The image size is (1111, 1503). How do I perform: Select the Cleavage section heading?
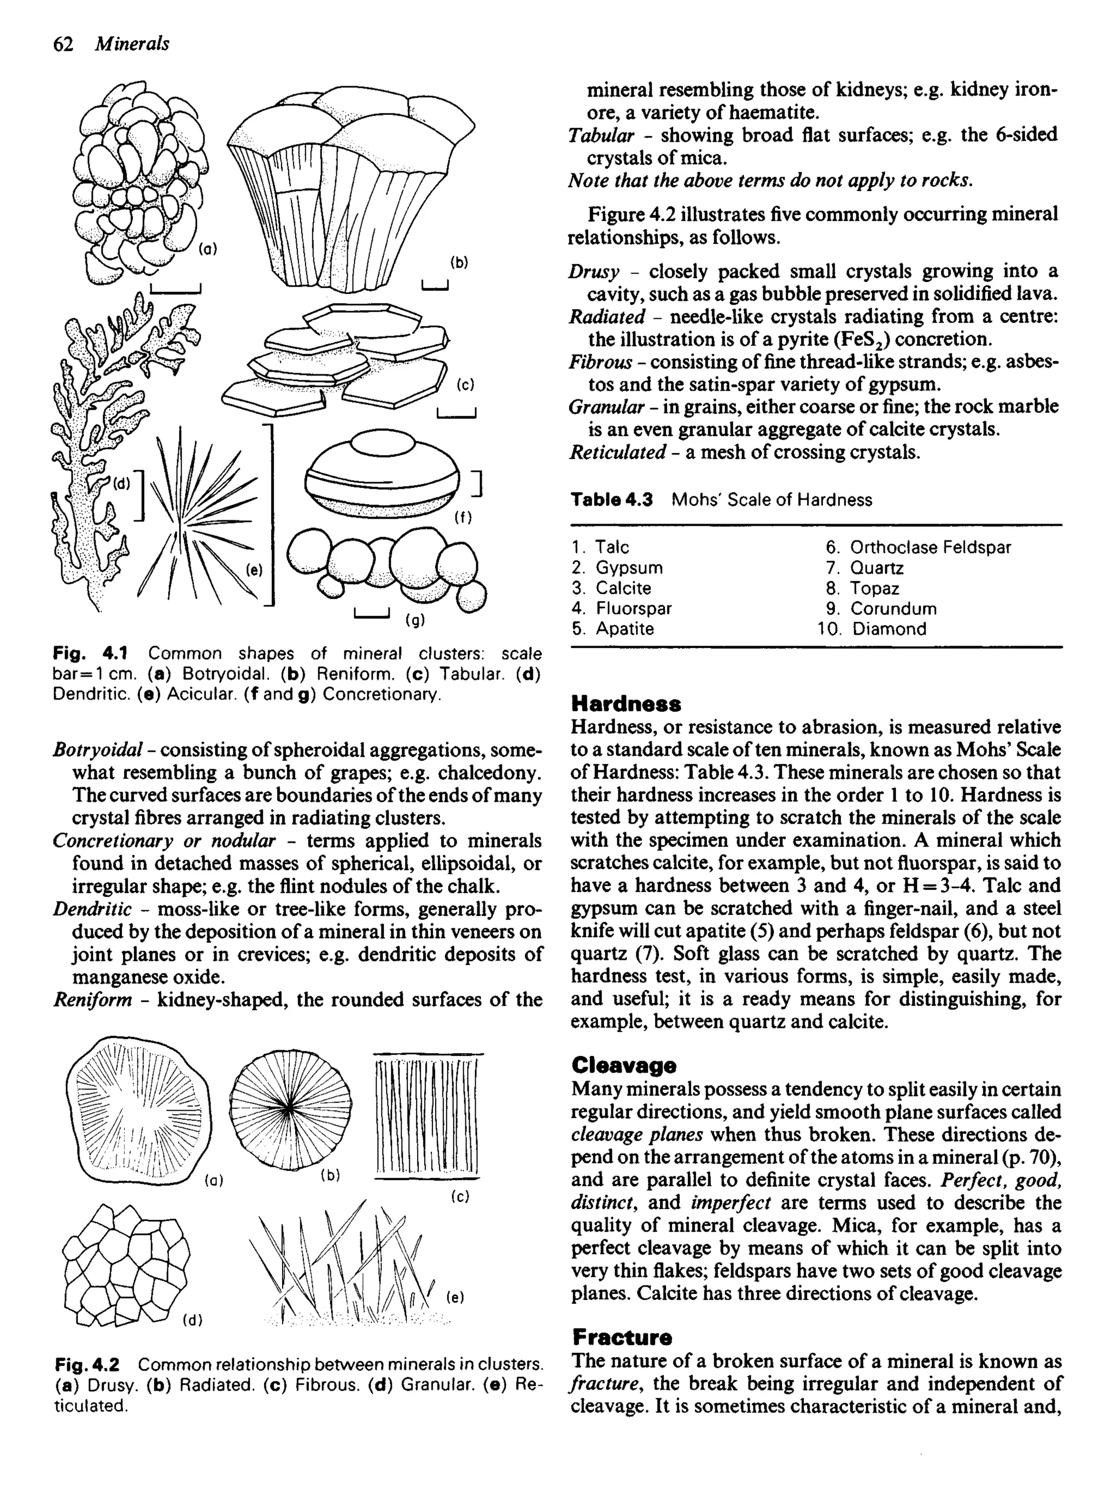point(623,1065)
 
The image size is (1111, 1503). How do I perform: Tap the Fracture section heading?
point(621,1336)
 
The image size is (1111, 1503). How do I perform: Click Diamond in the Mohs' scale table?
point(889,629)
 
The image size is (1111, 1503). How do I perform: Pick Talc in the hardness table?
point(612,547)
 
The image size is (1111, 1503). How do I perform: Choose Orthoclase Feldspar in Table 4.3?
point(930,547)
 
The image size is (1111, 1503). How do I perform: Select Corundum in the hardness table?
point(893,609)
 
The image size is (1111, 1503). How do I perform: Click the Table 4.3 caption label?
point(611,500)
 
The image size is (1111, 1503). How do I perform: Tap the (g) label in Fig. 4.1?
point(414,620)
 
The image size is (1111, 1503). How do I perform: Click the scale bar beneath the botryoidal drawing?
point(176,290)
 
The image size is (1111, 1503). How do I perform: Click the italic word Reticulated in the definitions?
point(617,452)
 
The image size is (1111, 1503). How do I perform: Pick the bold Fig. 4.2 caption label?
point(87,1365)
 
